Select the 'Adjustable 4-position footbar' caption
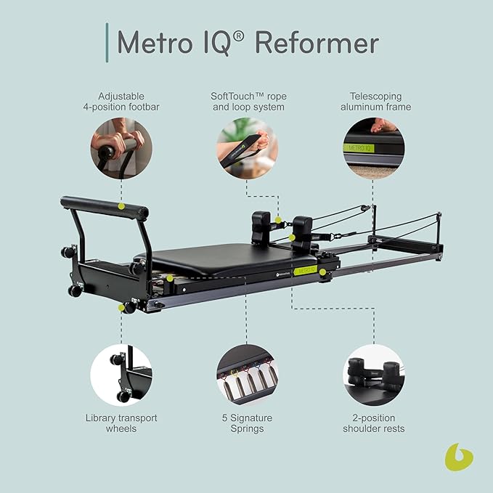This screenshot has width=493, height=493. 121,101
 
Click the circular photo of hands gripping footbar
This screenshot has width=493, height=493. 121,148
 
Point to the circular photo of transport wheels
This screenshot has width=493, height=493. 121,375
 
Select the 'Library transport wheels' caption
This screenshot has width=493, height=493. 121,423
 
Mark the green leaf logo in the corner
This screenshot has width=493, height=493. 458,457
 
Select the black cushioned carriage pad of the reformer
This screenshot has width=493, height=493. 225,258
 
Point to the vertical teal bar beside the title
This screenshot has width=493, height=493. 107,42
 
